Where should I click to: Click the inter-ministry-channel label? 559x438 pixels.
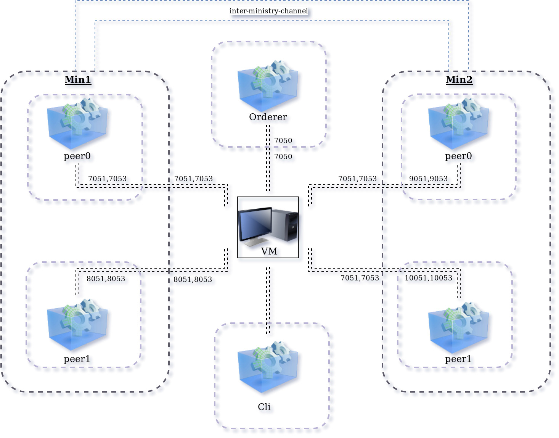(x=268, y=11)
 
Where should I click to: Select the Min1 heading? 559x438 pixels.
(x=78, y=80)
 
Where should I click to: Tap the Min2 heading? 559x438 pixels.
(x=459, y=80)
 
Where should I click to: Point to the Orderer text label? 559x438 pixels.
(x=268, y=117)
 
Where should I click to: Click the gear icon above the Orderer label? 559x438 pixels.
(x=268, y=85)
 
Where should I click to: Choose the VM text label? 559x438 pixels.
(x=269, y=251)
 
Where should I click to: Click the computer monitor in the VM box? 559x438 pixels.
(x=254, y=225)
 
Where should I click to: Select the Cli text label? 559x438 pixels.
(x=264, y=407)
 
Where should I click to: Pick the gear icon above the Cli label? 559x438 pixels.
(x=268, y=366)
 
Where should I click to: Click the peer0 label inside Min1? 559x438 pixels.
(x=77, y=156)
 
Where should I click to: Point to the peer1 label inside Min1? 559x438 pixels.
(x=77, y=359)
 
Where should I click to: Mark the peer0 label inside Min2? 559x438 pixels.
(x=458, y=156)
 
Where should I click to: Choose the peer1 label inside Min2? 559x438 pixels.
(x=458, y=359)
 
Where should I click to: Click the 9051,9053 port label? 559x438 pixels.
(x=428, y=179)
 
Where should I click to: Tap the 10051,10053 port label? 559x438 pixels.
(x=428, y=278)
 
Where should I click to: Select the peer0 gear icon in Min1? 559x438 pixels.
(x=77, y=123)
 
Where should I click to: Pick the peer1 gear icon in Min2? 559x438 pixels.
(x=458, y=327)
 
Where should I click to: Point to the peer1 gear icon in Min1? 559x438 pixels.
(x=77, y=324)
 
